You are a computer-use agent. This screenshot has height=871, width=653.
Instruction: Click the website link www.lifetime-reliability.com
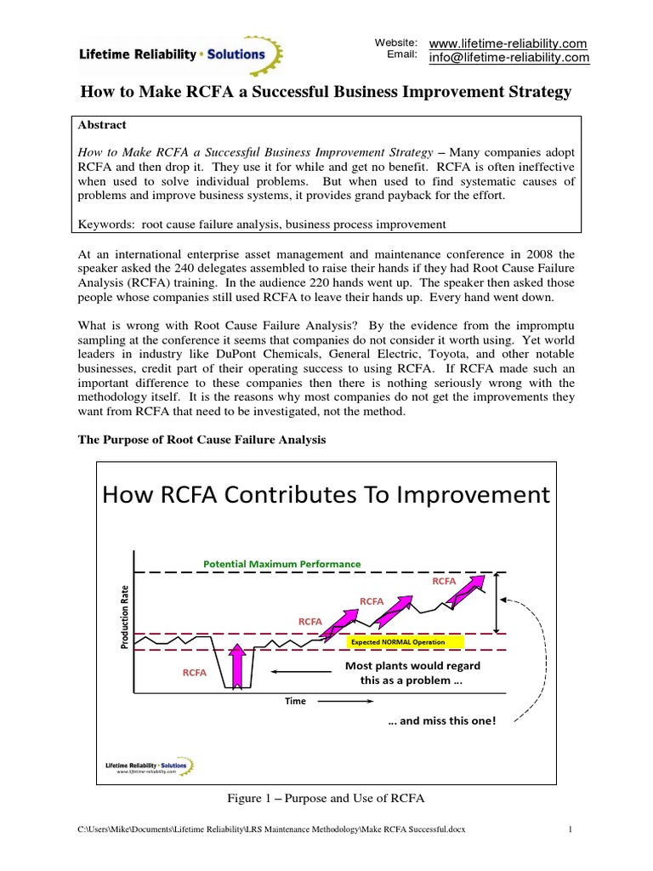coord(508,43)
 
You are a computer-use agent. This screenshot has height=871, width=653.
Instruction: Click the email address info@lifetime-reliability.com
coord(508,58)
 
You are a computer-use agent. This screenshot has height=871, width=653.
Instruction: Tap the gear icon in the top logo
coord(274,54)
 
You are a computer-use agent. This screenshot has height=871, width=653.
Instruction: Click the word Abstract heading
coord(101,124)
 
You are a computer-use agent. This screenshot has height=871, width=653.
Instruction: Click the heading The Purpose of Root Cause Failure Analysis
coord(202,439)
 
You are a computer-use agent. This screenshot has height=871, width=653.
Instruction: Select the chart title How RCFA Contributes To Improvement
coord(326,494)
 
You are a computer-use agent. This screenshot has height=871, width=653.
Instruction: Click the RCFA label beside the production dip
coord(195,672)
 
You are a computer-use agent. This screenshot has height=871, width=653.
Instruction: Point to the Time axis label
coord(295,701)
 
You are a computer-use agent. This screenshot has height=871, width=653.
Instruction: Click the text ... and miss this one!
coord(441,720)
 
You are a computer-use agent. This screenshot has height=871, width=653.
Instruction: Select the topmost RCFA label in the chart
coord(444,581)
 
